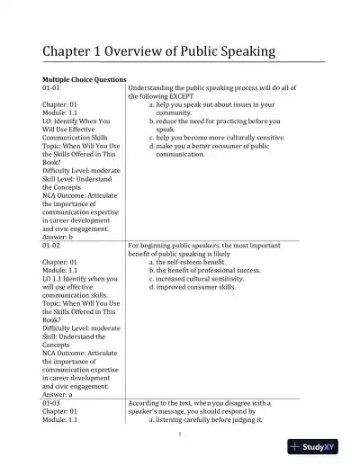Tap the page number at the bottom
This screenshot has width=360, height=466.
[180, 438]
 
